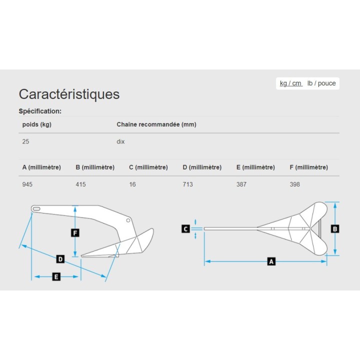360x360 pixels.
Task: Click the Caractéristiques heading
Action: pos(69,94)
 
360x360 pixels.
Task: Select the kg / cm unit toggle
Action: pos(290,83)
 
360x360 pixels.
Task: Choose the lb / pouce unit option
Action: pos(321,83)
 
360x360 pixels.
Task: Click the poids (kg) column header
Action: pos(36,124)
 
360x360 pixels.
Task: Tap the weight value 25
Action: pos(25,141)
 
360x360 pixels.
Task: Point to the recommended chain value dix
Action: pos(120,141)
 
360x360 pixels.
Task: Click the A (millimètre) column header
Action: pos(41,167)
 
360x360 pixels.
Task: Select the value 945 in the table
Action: pos(27,184)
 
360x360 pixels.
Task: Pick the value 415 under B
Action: pos(81,184)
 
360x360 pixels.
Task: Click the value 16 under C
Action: pos(132,184)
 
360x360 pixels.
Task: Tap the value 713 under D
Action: pos(188,184)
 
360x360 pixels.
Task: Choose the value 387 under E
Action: pos(241,184)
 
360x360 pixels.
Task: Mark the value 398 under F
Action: pos(295,184)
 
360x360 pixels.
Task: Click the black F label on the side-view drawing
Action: pos(75,233)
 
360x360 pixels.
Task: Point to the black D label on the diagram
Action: pos(60,259)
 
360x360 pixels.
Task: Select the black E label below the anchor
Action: pos(56,276)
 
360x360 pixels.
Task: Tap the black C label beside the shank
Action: pos(185,229)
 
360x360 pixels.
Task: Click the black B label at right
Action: pos(335,229)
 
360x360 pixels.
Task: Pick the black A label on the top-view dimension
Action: pos(271,261)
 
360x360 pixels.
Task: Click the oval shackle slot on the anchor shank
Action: pos(36,209)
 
